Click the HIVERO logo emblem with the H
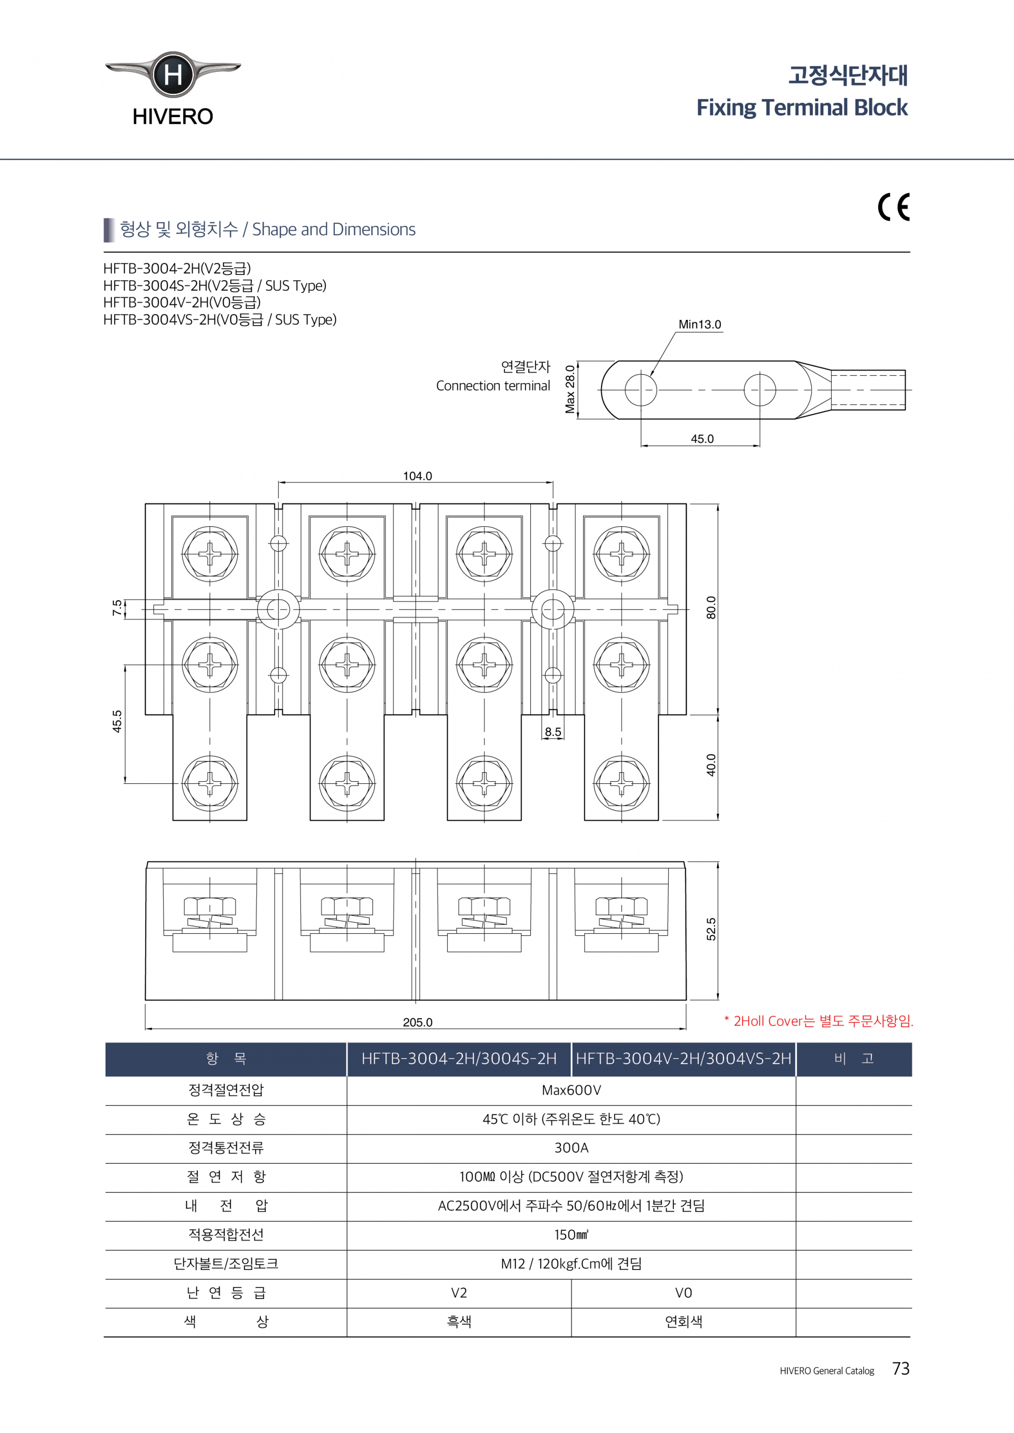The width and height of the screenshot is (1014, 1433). pyautogui.click(x=173, y=75)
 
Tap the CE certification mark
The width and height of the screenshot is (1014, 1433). pyautogui.click(x=894, y=207)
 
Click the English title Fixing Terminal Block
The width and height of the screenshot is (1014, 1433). pyautogui.click(x=802, y=107)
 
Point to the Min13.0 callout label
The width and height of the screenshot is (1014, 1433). pyautogui.click(x=699, y=325)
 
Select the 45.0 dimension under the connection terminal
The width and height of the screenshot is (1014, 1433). pyautogui.click(x=702, y=439)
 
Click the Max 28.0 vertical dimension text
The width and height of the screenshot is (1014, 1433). pyautogui.click(x=570, y=390)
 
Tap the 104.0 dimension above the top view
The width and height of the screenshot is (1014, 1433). pyautogui.click(x=417, y=476)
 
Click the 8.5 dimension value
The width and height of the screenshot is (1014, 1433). pyautogui.click(x=552, y=732)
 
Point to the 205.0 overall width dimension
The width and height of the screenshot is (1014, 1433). pyautogui.click(x=417, y=1022)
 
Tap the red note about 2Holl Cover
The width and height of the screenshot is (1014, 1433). pyautogui.click(x=819, y=1021)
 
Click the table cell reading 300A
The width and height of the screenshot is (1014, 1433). pyautogui.click(x=571, y=1148)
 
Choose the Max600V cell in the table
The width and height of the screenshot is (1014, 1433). pyautogui.click(x=571, y=1090)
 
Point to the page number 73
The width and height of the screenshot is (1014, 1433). pyautogui.click(x=900, y=1368)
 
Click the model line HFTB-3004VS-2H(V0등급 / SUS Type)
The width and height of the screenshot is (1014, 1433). pyautogui.click(x=220, y=319)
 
